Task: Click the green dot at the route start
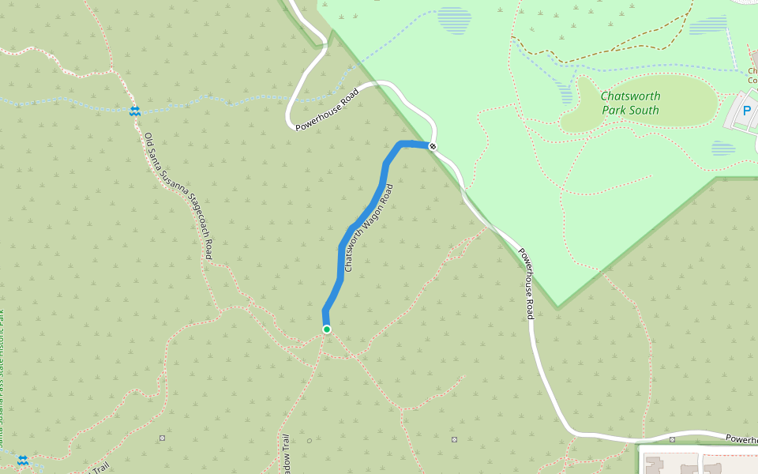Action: pyautogui.click(x=326, y=329)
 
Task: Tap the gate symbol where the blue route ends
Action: pyautogui.click(x=433, y=146)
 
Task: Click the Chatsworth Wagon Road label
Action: pyautogui.click(x=369, y=229)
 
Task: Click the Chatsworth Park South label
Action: pyautogui.click(x=630, y=103)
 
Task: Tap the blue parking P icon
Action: pyautogui.click(x=747, y=111)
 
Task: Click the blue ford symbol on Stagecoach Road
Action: pyautogui.click(x=135, y=111)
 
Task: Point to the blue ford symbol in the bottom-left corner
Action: pyautogui.click(x=23, y=459)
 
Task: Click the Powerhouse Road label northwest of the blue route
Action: pyautogui.click(x=327, y=109)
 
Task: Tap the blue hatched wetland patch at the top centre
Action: pyautogui.click(x=454, y=20)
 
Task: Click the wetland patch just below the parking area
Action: pyautogui.click(x=723, y=149)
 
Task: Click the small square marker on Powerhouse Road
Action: pyautogui.click(x=672, y=439)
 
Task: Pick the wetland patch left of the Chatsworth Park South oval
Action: pyautogui.click(x=566, y=91)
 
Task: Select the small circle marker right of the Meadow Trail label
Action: pyautogui.click(x=310, y=440)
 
